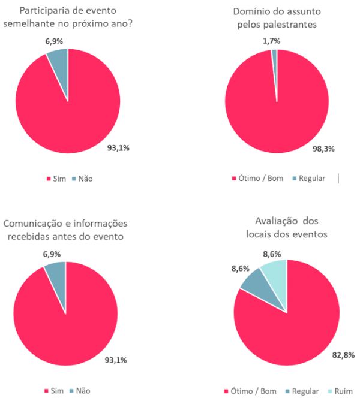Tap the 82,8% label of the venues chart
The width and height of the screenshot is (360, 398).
343,355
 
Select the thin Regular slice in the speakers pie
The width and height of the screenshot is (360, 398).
275,56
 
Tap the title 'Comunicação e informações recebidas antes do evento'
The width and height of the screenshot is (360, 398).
66,228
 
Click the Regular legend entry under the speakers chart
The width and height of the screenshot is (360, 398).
308,179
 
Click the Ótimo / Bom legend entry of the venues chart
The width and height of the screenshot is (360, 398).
251,391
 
